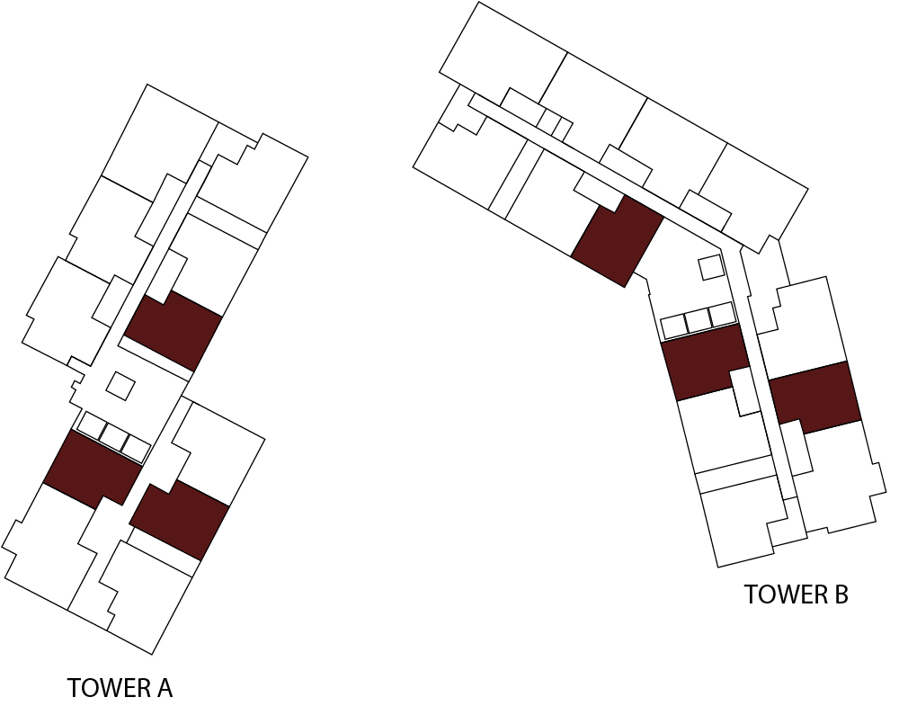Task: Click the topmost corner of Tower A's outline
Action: point(147,85)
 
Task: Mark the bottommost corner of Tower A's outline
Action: point(152,654)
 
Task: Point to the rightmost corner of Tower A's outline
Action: point(307,156)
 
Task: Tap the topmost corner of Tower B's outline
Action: point(478,2)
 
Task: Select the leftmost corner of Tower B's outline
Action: point(413,167)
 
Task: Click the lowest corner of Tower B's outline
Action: point(718,568)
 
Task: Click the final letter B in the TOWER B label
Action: point(841,594)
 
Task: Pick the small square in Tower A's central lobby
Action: point(120,386)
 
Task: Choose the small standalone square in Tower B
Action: point(711,267)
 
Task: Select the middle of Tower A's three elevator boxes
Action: point(113,437)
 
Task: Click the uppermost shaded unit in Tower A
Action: point(174,331)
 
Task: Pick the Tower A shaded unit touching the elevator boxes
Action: point(93,469)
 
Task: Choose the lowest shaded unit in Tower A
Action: point(180,520)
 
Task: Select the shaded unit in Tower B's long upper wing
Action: point(619,241)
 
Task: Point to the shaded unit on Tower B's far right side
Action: point(814,397)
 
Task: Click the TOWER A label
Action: point(120,688)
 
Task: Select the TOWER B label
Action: point(796,594)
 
